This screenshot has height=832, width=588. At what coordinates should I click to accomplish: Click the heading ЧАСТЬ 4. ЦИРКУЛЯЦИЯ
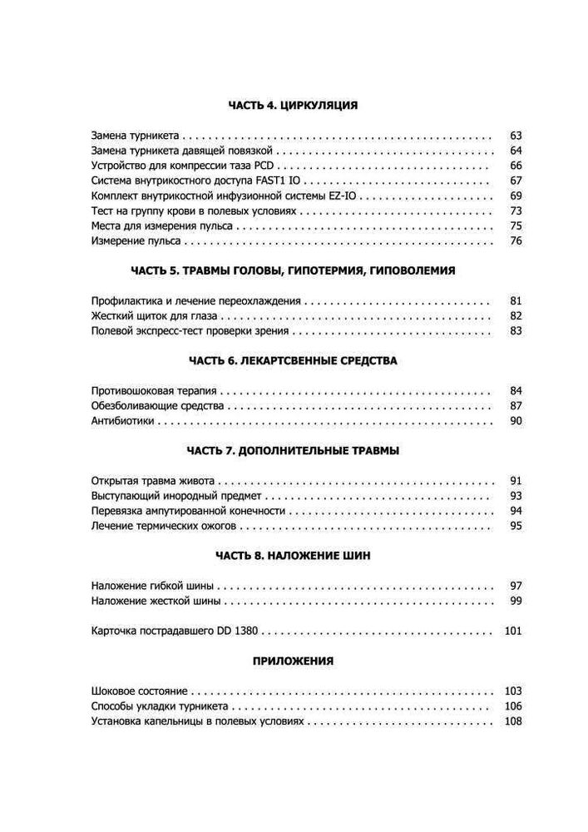293,106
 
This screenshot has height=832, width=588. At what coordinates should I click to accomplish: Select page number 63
514,136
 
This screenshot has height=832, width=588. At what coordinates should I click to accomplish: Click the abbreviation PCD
264,166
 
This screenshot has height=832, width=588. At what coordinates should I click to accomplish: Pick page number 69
514,196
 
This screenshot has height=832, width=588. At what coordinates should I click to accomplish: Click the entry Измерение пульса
136,241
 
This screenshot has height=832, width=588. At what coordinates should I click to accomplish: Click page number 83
514,331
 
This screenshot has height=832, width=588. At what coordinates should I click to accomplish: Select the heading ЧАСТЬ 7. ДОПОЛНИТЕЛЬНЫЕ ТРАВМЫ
293,451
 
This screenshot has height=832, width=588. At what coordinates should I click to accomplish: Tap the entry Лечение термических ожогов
164,527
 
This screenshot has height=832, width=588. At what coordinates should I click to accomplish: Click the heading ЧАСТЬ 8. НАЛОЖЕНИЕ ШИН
293,557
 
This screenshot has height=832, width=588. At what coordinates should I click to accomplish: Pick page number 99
514,602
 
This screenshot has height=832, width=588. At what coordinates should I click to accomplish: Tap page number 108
511,721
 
